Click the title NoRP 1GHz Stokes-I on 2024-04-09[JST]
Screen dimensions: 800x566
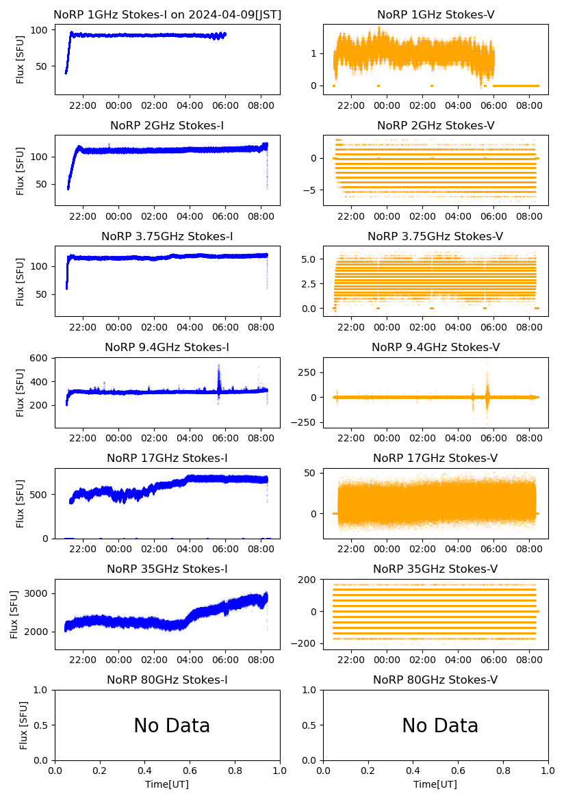pyautogui.click(x=167, y=14)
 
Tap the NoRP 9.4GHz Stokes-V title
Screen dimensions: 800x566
pyautogui.click(x=435, y=347)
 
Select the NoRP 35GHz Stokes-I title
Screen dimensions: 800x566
pyautogui.click(x=167, y=569)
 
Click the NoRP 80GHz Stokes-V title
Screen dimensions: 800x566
pyautogui.click(x=435, y=680)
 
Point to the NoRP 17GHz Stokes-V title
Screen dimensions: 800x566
pyautogui.click(x=435, y=458)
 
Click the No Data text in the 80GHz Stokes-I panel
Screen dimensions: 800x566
pyautogui.click(x=172, y=725)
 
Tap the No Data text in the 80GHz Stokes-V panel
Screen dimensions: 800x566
pyautogui.click(x=440, y=725)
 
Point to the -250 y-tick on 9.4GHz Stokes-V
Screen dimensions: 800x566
pyautogui.click(x=307, y=422)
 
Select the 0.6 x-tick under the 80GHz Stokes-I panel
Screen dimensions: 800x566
pyautogui.click(x=190, y=771)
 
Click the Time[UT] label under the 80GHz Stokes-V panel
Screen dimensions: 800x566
pyautogui.click(x=435, y=784)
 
